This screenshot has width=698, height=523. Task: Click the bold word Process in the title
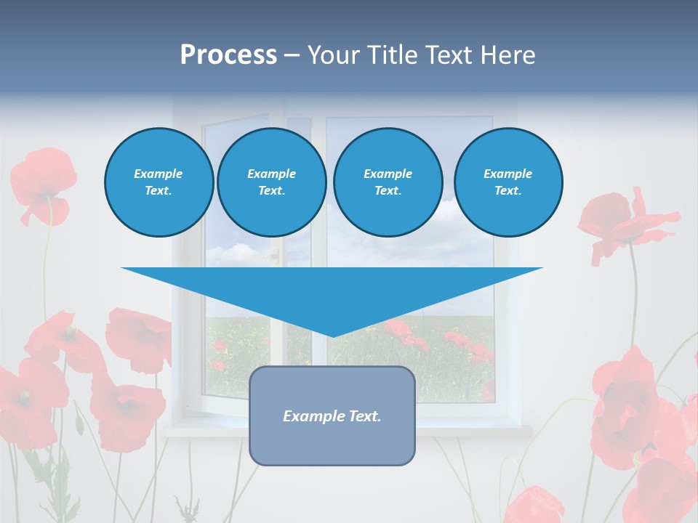click(x=228, y=55)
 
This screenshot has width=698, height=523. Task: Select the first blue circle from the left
click(x=159, y=182)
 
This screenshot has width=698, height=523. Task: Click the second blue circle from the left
click(x=271, y=182)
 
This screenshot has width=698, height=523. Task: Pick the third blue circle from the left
click(x=388, y=182)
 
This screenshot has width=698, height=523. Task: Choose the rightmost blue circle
click(x=508, y=182)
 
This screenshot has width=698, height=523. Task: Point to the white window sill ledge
click(x=349, y=430)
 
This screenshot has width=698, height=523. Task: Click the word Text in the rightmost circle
click(x=507, y=190)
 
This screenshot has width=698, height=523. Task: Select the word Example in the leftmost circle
click(x=159, y=174)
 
